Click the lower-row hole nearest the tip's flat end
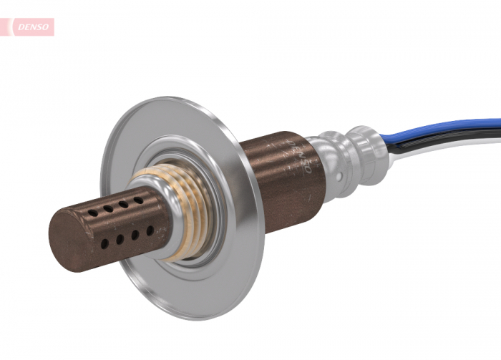[x=104, y=243]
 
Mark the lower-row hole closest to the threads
[x=150, y=230]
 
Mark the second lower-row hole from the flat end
[x=120, y=239]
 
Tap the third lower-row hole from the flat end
[x=135, y=235]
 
